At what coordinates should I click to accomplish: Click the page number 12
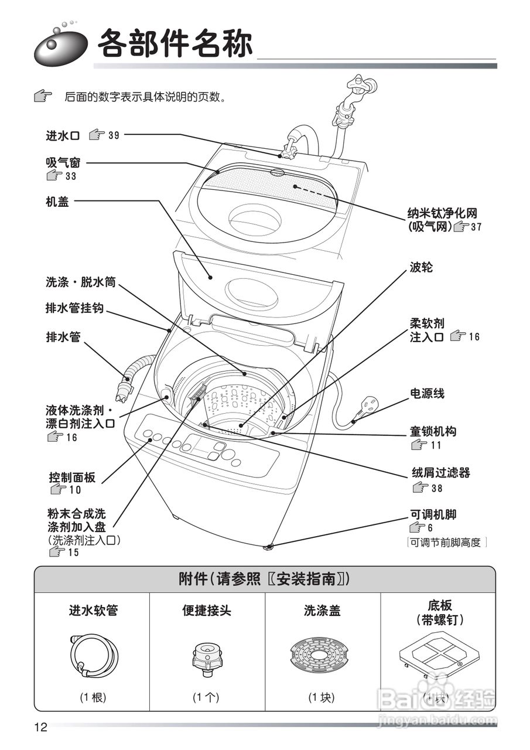coord(40,728)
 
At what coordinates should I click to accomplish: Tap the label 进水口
coord(63,136)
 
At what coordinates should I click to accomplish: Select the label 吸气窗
coord(63,162)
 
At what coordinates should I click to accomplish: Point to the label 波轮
coord(421,267)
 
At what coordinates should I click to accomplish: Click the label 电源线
coord(427,393)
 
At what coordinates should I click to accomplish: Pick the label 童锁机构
coord(433,432)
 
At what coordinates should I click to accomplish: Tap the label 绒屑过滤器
coord(440,472)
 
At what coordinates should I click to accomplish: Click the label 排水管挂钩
coord(74,308)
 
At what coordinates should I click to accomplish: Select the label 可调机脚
coord(433,514)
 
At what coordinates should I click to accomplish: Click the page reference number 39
coord(114,136)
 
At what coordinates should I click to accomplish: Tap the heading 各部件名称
coord(175,44)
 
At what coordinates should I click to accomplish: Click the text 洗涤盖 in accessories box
coord(322,611)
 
